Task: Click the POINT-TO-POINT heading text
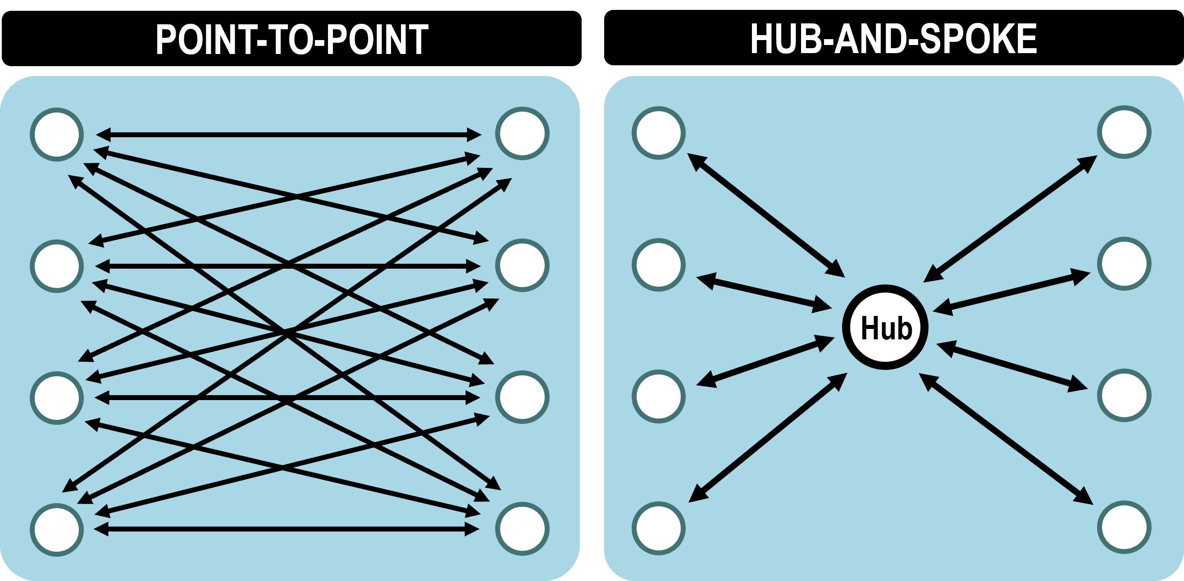(292, 40)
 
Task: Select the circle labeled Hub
(885, 328)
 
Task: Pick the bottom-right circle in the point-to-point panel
(522, 529)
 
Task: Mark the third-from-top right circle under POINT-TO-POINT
(522, 397)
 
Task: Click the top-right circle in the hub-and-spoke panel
(1124, 132)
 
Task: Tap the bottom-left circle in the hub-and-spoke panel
(659, 528)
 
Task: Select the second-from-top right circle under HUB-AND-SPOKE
(1124, 264)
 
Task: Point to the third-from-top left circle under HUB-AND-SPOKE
(659, 396)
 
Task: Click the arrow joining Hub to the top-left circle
(766, 216)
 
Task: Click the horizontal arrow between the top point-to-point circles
(289, 135)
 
